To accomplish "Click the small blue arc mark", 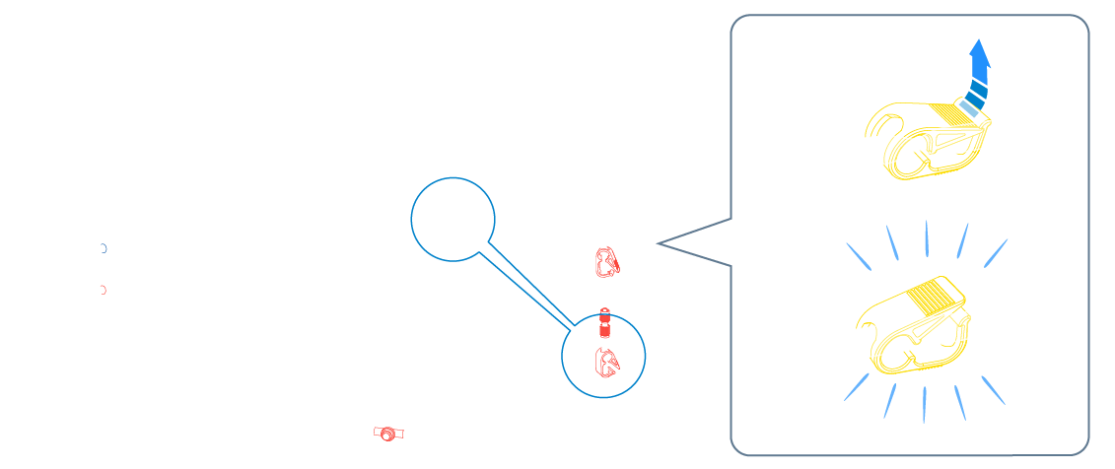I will pyautogui.click(x=104, y=248).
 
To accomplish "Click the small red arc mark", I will pyautogui.click(x=104, y=290).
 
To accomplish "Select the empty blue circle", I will pyautogui.click(x=453, y=220).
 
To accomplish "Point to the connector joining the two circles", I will pyautogui.click(x=526, y=288).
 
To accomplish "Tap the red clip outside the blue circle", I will pyautogui.click(x=606, y=262).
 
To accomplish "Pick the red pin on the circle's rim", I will pyautogui.click(x=605, y=321).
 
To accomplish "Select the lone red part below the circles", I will pyautogui.click(x=388, y=433).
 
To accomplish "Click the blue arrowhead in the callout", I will pyautogui.click(x=979, y=53).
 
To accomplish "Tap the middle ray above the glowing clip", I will pyautogui.click(x=927, y=238).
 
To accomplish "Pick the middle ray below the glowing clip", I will pyautogui.click(x=925, y=404).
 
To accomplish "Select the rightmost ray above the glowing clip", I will pyautogui.click(x=996, y=252).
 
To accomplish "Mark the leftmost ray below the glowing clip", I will pyautogui.click(x=857, y=387).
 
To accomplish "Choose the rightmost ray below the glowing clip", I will pyautogui.click(x=993, y=390).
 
